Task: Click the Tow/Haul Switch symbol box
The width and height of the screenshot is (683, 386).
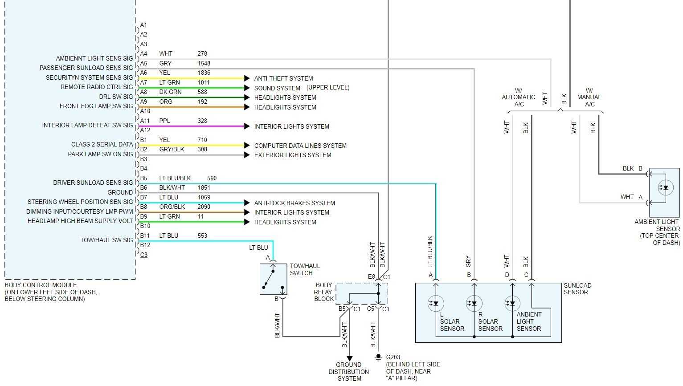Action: [x=273, y=279]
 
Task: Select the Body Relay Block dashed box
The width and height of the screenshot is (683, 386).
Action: [x=361, y=294]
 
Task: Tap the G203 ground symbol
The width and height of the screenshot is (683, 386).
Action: [x=378, y=357]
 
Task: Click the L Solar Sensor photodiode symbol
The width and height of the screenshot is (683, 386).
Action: [x=436, y=304]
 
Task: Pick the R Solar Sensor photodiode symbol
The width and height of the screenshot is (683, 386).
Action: [x=474, y=304]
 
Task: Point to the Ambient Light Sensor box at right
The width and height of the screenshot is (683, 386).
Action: [x=664, y=192]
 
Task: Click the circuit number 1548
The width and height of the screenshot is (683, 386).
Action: [x=204, y=63]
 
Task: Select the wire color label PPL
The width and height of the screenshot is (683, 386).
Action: [x=164, y=121]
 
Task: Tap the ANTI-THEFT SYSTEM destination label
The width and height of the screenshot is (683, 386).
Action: [x=283, y=78]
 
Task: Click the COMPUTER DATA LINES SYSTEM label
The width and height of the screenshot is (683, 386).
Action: [x=300, y=146]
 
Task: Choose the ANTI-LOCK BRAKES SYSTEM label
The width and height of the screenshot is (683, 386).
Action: [x=294, y=203]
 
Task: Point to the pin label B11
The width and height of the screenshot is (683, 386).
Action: [x=145, y=236]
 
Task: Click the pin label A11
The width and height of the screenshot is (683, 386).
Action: [x=145, y=121]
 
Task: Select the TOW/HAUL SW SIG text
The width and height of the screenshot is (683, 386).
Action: [x=106, y=240]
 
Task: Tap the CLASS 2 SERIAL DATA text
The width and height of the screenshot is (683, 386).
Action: [x=102, y=144]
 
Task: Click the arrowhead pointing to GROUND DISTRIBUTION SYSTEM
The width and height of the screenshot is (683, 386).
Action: [x=350, y=358]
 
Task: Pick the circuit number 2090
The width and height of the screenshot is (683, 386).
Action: [x=204, y=207]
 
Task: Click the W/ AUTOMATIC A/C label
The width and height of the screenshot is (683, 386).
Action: [x=518, y=97]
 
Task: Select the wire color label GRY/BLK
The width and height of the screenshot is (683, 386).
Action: [x=172, y=149]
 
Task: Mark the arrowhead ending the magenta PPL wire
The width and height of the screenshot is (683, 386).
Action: [x=247, y=126]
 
